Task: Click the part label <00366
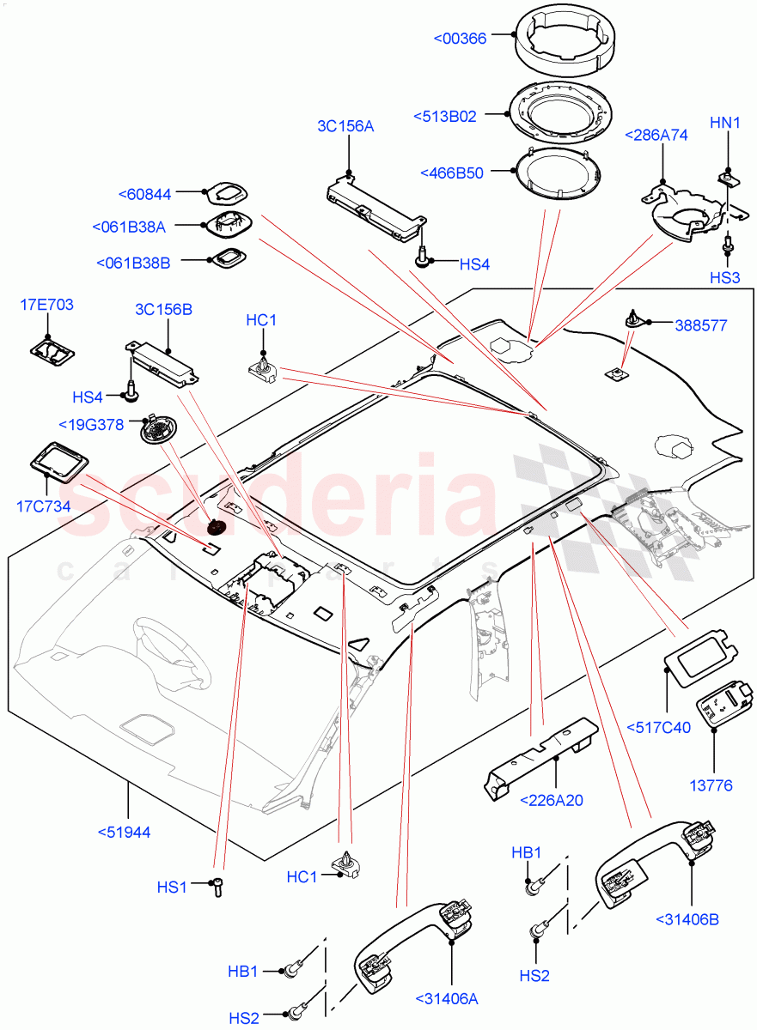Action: pyautogui.click(x=461, y=38)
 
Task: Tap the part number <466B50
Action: pyautogui.click(x=452, y=173)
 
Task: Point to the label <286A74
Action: pyautogui.click(x=656, y=135)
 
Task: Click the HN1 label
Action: pyautogui.click(x=725, y=124)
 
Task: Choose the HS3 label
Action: pyautogui.click(x=724, y=278)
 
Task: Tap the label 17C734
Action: pyautogui.click(x=43, y=506)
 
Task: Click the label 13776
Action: pyautogui.click(x=712, y=785)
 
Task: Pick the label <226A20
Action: pyautogui.click(x=552, y=800)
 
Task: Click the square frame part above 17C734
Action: pyautogui.click(x=61, y=458)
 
